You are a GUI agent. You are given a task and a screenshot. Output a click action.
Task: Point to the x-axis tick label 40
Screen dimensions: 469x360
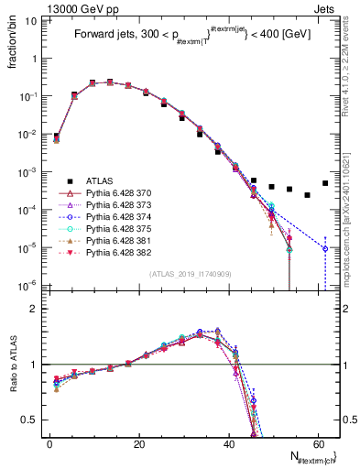[x=228, y=443]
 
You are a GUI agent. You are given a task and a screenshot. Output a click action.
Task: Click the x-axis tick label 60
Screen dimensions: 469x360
[x=317, y=443]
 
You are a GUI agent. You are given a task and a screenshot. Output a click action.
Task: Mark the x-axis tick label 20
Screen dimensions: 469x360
[x=139, y=443]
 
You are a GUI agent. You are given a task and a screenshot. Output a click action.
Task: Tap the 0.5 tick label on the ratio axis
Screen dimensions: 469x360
[x=29, y=420]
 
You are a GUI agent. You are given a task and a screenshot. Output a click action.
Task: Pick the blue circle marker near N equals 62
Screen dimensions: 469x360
[x=325, y=248]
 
